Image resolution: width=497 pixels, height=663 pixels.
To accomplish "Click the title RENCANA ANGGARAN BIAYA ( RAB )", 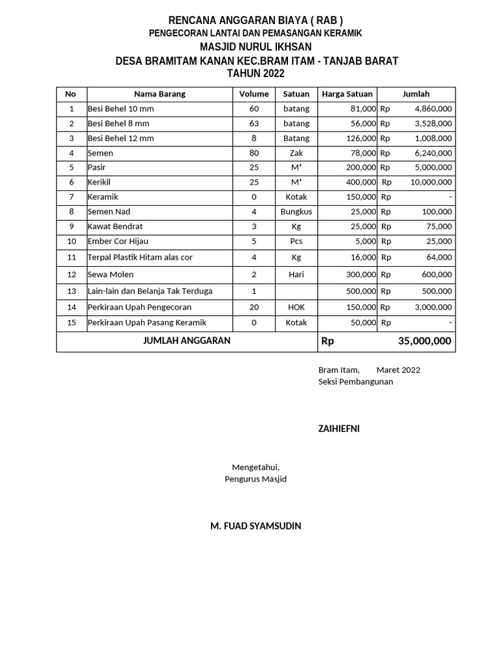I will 256,20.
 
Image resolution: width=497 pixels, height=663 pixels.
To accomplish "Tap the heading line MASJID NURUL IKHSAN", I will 256,47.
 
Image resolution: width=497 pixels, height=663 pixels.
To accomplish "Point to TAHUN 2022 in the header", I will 256,74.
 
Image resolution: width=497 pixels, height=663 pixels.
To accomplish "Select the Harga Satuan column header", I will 347,94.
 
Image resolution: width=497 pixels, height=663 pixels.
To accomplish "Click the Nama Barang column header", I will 159,94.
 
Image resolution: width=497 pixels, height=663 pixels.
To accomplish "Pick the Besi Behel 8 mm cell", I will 118,123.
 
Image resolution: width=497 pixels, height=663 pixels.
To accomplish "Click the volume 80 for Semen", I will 254,153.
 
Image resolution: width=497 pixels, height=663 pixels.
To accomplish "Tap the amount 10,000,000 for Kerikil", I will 431,183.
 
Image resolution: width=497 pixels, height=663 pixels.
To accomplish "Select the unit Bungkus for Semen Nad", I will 296,212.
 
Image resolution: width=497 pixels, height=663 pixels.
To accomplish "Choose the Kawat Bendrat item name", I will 115,227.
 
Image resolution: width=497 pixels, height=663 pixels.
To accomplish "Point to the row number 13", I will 71,291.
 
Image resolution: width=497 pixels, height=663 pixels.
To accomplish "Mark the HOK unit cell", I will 296,307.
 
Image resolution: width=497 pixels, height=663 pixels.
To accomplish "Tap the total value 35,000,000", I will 425,341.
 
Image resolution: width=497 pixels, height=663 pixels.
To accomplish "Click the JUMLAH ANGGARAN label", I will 186,341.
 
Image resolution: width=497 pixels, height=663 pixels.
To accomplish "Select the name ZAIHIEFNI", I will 338,429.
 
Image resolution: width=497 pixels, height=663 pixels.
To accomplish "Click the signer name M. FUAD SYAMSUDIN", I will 256,526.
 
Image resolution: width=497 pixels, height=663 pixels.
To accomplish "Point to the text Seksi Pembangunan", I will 355,381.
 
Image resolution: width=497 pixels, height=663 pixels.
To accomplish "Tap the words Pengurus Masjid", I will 256,479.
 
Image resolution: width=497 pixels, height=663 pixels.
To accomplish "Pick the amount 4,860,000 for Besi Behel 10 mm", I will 433,109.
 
